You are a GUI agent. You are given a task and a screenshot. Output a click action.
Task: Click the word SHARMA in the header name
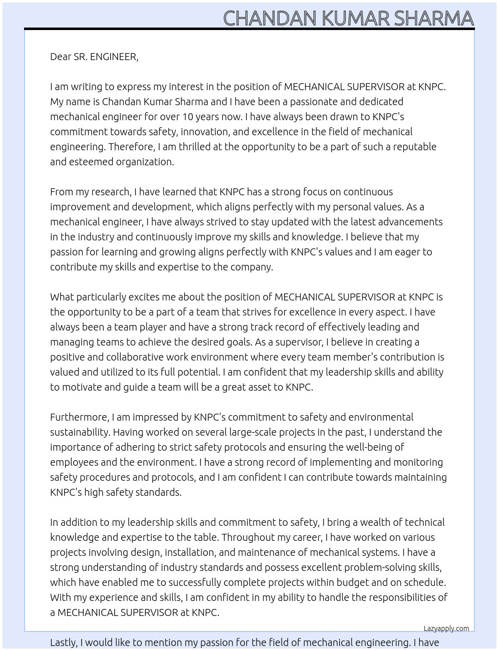click(433, 18)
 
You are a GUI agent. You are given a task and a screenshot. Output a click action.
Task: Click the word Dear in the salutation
click(61, 57)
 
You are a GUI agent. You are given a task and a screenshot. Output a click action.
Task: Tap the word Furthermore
click(79, 417)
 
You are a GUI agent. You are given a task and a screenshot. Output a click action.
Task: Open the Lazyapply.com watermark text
click(446, 628)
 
